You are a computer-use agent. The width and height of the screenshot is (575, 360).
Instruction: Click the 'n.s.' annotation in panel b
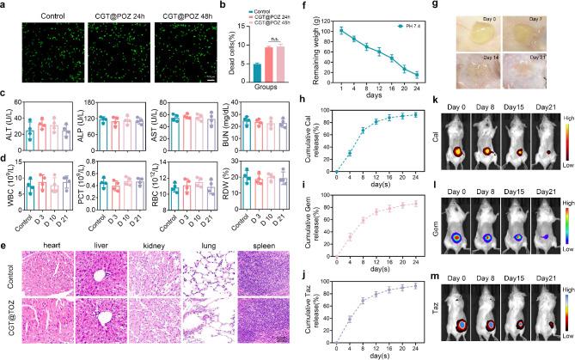tap(272, 38)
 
